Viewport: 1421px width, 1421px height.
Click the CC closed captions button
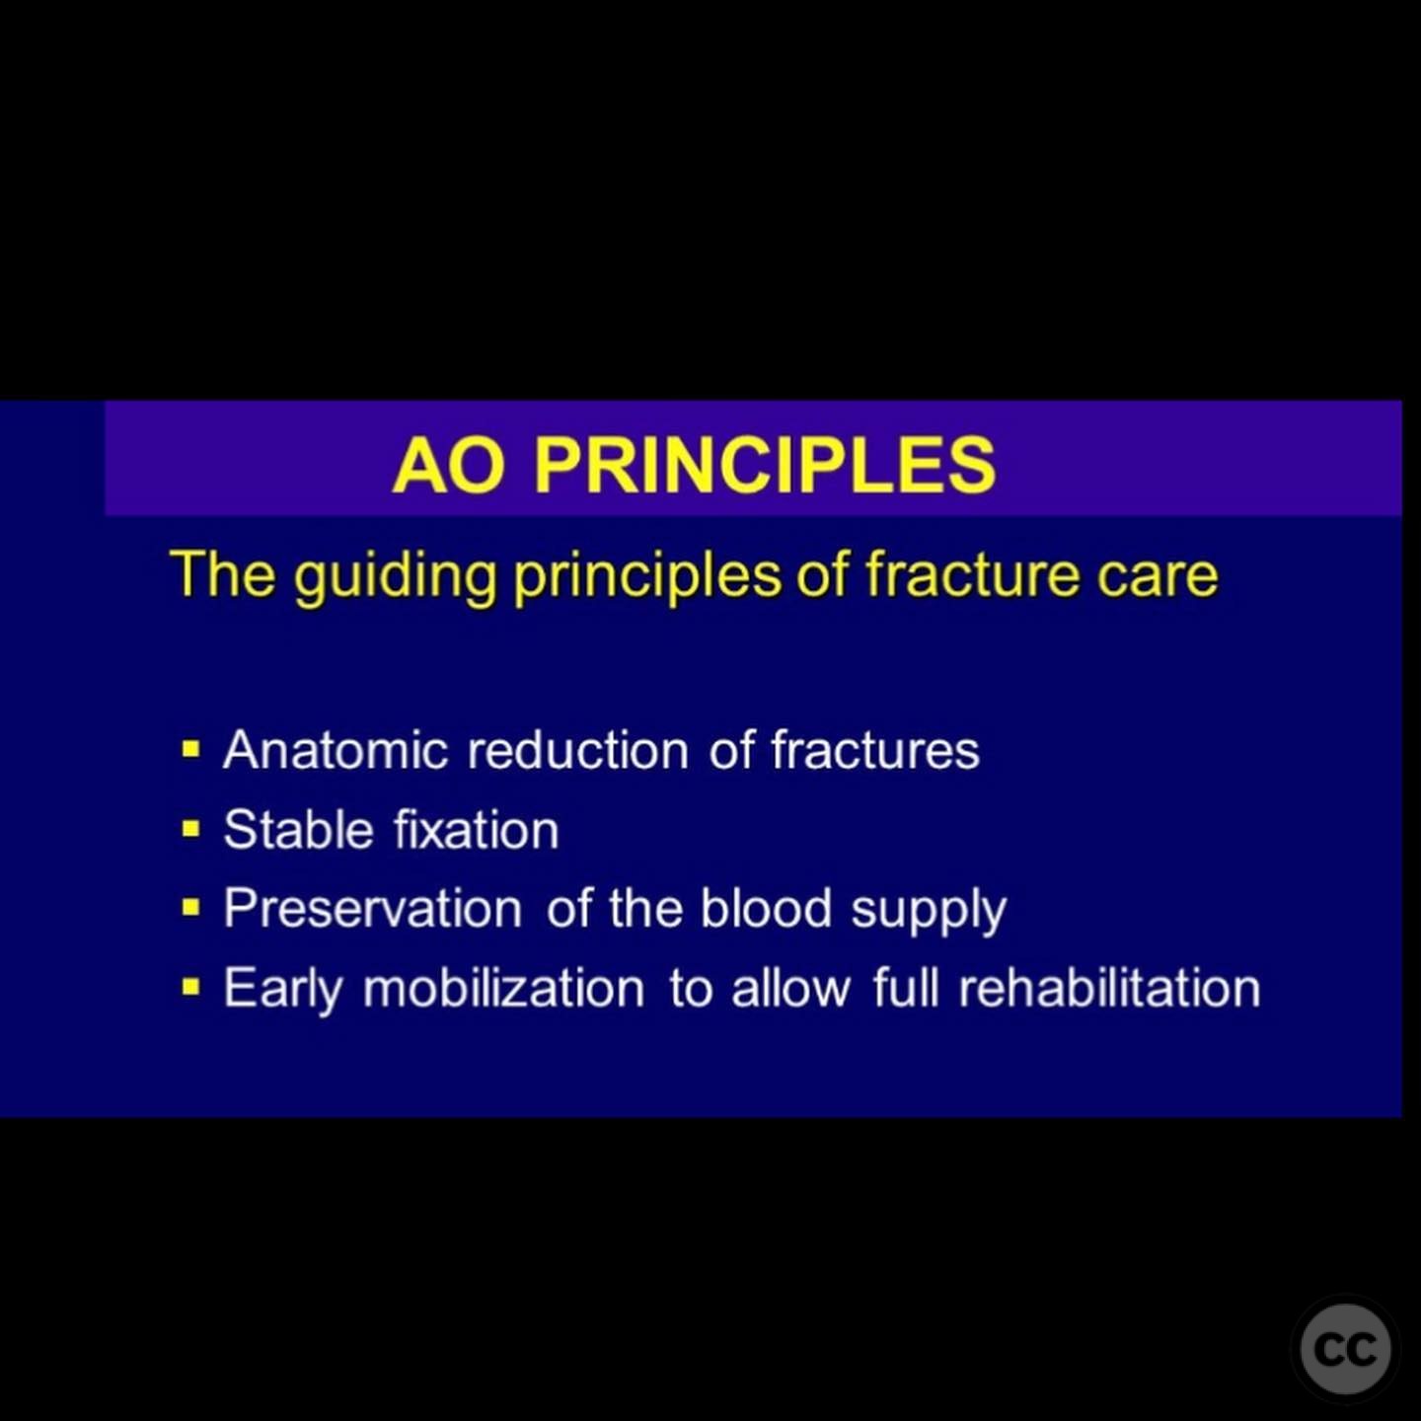[x=1345, y=1350]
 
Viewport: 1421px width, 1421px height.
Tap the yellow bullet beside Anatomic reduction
[x=191, y=751]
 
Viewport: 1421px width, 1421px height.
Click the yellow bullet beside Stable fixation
[x=191, y=831]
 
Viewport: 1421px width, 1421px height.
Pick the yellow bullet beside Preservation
[x=191, y=909]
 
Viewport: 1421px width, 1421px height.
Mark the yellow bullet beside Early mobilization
[x=191, y=988]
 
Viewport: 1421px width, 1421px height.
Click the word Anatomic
[x=336, y=750]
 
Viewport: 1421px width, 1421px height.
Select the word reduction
[x=578, y=750]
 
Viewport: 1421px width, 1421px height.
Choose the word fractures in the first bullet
[x=875, y=750]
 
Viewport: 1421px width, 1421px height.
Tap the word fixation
[x=477, y=830]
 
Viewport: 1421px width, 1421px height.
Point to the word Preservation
[x=373, y=908]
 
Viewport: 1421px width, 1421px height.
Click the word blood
[x=766, y=908]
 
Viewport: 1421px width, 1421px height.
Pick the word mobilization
[x=503, y=988]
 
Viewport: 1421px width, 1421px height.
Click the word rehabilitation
[x=1109, y=988]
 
